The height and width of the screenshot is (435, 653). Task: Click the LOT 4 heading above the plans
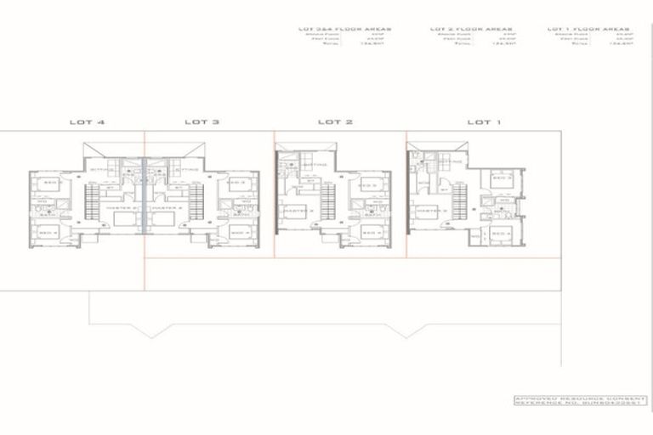[x=88, y=121]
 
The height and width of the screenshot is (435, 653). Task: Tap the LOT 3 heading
[x=202, y=121]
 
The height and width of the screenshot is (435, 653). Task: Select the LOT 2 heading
[x=335, y=121]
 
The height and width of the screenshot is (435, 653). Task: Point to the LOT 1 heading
[x=484, y=121]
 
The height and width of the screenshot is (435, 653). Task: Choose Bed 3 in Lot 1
[x=502, y=178]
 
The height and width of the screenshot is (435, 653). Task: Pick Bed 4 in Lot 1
[x=502, y=232]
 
